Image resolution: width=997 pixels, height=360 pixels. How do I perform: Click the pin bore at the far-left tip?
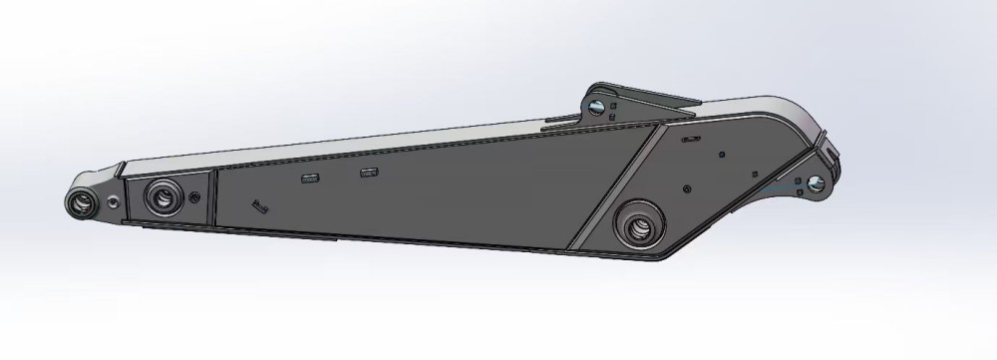(82, 201)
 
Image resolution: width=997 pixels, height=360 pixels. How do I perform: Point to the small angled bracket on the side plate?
(261, 206)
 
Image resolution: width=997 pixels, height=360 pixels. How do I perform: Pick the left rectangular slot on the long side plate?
(309, 179)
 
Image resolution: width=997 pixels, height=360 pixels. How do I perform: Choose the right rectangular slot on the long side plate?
(369, 174)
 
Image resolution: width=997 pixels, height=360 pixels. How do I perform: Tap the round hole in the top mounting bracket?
(596, 106)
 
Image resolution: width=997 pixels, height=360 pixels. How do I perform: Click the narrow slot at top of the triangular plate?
(689, 140)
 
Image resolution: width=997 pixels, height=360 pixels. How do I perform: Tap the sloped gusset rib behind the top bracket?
(658, 100)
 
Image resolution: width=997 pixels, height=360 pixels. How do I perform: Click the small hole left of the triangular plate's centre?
(687, 186)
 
